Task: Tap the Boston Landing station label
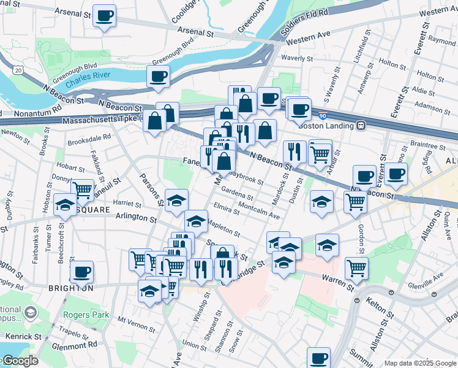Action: tap(326, 126)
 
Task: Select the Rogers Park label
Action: tap(86, 315)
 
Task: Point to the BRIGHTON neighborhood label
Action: tap(72, 288)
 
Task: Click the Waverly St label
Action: tap(298, 58)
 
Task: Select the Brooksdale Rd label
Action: tap(89, 138)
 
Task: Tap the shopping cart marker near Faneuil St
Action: tap(82, 189)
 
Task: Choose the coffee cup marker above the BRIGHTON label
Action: tap(82, 271)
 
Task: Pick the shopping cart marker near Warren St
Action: tap(356, 267)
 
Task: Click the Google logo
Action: tap(20, 361)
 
